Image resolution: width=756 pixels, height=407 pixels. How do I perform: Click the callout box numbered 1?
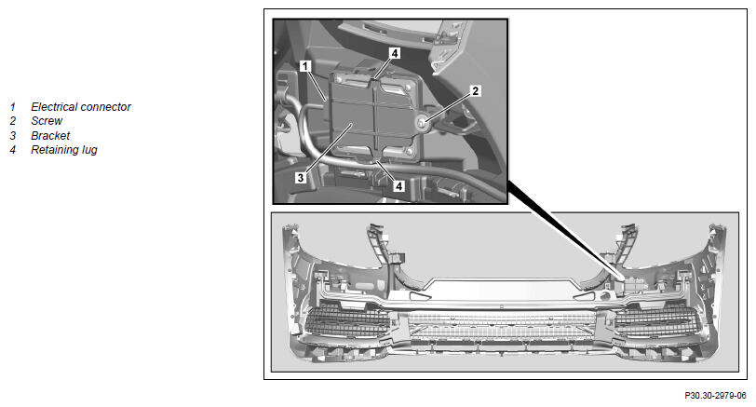coord(305,65)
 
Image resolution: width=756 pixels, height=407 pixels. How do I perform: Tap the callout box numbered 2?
coord(475,90)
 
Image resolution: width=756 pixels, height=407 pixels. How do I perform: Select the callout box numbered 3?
coord(301,178)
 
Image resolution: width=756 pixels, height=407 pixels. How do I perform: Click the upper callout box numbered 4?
coord(395,53)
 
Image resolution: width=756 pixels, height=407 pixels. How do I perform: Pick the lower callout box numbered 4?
coord(398,185)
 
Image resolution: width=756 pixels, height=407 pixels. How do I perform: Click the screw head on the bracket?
coord(422,124)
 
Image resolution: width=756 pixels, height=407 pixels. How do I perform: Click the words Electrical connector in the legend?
coord(80,106)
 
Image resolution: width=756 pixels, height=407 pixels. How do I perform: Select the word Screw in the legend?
coord(47,120)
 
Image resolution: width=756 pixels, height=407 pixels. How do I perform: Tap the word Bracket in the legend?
coord(50,135)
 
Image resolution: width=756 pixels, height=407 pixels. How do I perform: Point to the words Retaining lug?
coord(64,150)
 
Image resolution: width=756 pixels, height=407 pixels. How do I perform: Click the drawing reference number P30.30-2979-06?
coord(715,396)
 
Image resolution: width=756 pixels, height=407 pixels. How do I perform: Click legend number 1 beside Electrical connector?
coord(12,107)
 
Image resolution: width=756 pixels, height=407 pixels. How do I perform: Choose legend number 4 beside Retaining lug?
coord(12,150)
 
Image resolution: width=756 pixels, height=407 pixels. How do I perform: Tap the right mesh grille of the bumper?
coord(656,322)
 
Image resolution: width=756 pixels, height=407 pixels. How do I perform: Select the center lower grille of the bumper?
coord(502,325)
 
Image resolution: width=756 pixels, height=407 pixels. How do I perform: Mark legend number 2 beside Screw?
coord(12,121)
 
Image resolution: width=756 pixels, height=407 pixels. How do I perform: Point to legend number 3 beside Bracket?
coord(12,135)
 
